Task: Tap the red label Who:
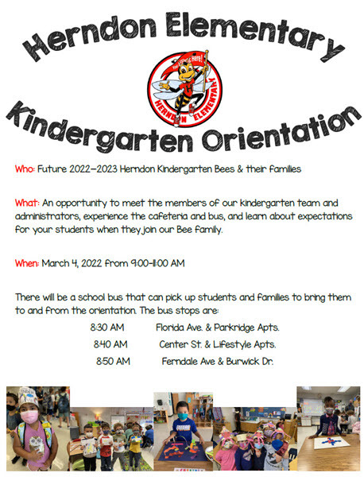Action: (25, 169)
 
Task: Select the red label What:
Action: (27, 203)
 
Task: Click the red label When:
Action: (28, 262)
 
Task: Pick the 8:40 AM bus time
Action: (110, 344)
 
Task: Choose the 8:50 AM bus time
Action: (112, 361)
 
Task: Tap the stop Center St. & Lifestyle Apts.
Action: (217, 344)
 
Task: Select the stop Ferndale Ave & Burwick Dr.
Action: (217, 361)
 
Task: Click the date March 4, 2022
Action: (76, 262)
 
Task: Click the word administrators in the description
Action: (47, 215)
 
